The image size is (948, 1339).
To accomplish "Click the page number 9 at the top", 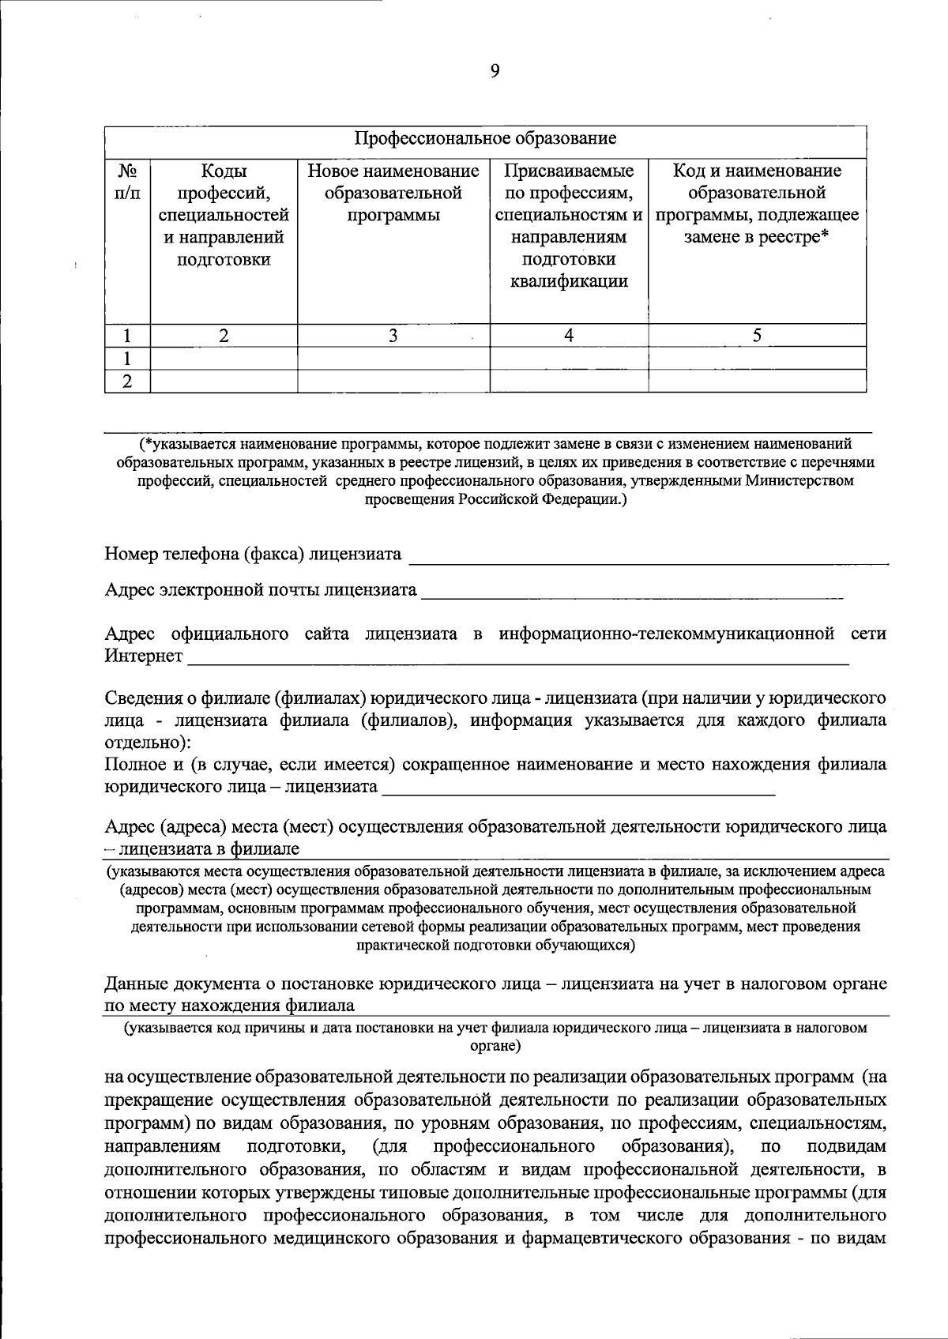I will [x=495, y=71].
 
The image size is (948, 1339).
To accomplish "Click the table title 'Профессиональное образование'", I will [x=485, y=139].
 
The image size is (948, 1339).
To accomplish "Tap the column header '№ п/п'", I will [x=127, y=182].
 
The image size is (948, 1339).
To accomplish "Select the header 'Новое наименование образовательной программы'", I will [x=393, y=193].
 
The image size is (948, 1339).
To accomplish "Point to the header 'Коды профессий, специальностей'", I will [x=224, y=193].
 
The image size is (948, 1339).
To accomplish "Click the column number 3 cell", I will [x=393, y=336].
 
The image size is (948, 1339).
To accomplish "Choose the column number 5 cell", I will [x=756, y=336].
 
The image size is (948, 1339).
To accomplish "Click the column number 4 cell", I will [x=568, y=336].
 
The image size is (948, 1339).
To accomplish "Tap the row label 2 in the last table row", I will [x=126, y=382].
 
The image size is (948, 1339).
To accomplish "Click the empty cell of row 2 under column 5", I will [x=756, y=382].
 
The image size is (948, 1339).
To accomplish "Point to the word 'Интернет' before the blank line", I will [x=143, y=656].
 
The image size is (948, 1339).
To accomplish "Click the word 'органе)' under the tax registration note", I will [x=495, y=1045].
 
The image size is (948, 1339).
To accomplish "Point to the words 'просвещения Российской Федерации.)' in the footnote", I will [x=495, y=499].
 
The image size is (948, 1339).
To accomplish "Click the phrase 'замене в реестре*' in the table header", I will [x=756, y=237].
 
